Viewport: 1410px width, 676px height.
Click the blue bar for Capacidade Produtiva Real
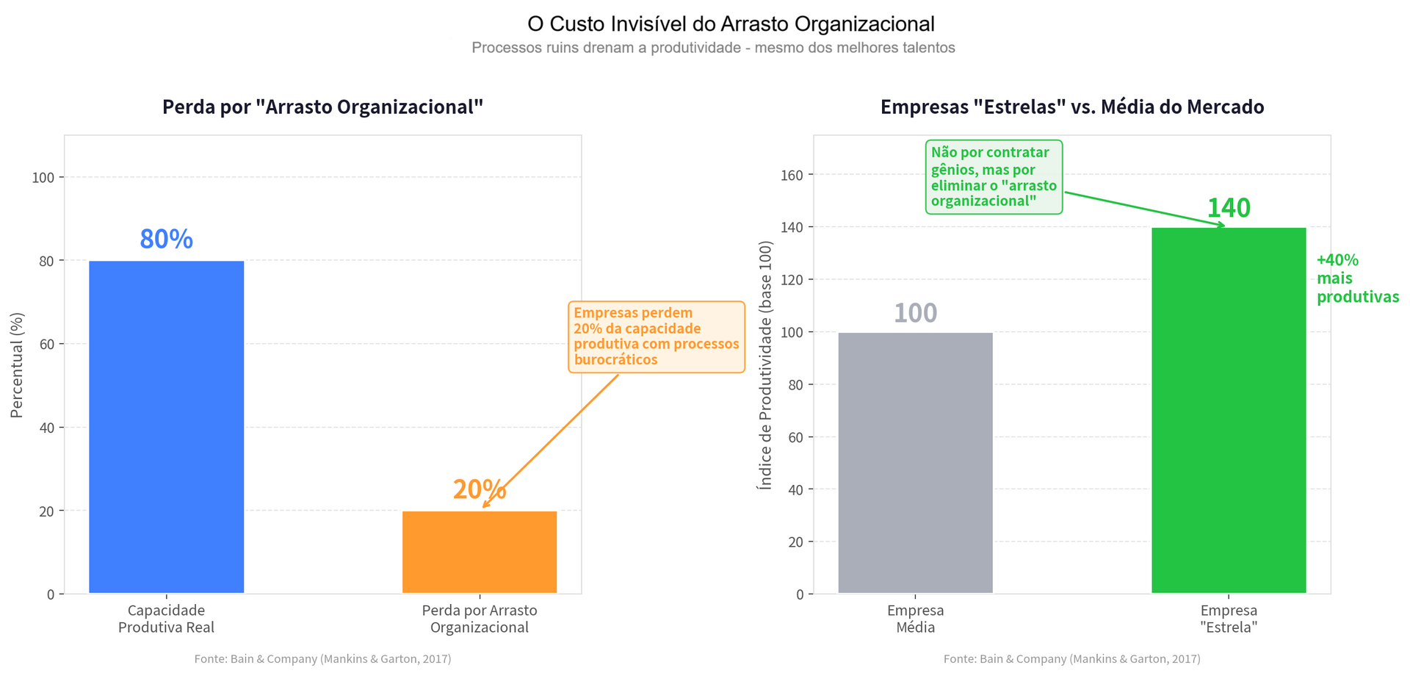tap(166, 426)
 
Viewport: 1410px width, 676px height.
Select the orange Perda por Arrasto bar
tap(479, 552)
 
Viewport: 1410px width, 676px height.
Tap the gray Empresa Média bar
tap(915, 463)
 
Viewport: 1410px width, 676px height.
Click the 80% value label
tap(166, 240)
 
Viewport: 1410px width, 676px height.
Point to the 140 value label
tap(1228, 208)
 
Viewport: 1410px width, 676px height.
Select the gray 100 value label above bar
tap(915, 314)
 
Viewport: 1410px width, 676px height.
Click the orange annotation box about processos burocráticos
tap(656, 337)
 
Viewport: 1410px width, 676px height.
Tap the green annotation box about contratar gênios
tap(993, 177)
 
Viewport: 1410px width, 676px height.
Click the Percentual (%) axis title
tap(17, 365)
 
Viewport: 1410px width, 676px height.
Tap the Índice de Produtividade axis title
tap(765, 365)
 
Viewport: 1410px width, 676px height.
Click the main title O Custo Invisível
tap(730, 24)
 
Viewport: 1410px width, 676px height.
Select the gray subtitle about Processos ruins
tap(712, 48)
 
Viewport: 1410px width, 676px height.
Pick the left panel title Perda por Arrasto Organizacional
tap(322, 107)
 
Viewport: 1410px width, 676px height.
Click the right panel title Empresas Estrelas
tap(1071, 107)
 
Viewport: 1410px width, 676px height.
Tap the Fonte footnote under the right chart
tap(1071, 659)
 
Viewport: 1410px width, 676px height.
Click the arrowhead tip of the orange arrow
tap(483, 507)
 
